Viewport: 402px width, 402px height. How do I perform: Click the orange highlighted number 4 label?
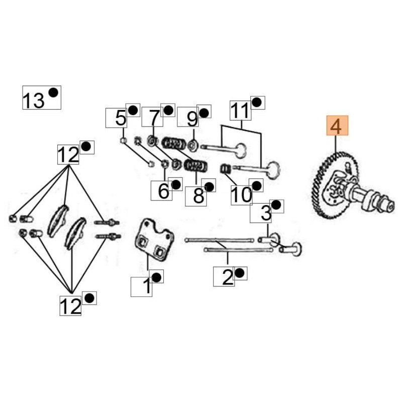336,126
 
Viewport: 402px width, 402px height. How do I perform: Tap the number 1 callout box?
146,286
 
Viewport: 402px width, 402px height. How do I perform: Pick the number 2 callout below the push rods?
227,276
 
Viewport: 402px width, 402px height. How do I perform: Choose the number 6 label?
163,190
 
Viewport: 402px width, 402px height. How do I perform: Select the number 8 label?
198,195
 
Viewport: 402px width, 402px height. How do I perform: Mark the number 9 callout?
191,119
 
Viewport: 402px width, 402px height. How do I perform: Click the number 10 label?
241,194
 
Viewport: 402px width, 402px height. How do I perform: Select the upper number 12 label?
68,155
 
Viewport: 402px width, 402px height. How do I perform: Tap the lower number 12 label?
70,305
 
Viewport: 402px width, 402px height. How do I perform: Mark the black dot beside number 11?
257,103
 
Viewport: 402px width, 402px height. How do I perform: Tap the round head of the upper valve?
242,150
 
